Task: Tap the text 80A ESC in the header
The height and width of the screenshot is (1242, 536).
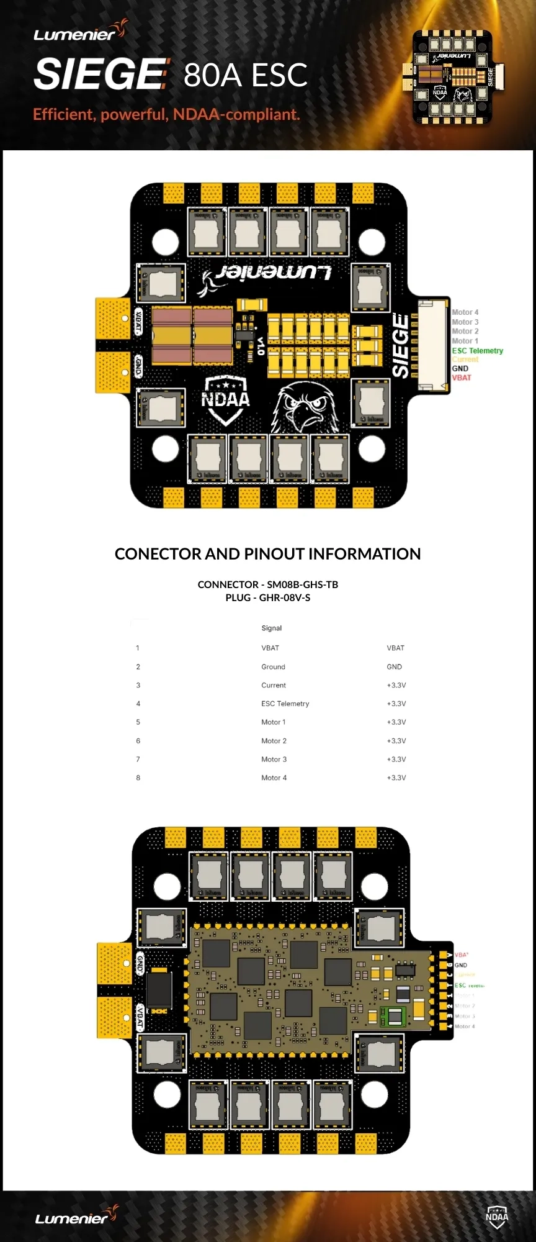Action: pos(246,75)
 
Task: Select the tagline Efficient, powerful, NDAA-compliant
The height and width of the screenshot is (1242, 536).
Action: pos(166,114)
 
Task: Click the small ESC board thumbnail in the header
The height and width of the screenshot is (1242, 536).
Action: pos(453,76)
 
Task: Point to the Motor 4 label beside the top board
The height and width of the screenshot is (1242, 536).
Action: pos(465,312)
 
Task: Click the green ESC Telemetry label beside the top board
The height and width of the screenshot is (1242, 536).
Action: pos(478,351)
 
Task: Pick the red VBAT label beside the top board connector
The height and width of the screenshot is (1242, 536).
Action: pos(462,378)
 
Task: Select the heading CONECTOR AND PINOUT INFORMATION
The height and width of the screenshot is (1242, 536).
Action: pos(267,554)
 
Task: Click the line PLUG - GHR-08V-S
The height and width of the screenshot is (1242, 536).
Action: pos(267,597)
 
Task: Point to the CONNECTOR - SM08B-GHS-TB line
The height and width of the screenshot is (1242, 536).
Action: pos(267,584)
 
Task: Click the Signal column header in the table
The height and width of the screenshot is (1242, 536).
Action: pos(271,628)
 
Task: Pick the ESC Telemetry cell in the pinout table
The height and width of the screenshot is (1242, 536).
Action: pos(285,704)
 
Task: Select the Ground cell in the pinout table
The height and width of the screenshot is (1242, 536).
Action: pos(273,667)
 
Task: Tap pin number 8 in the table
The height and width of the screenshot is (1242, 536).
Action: pos(138,777)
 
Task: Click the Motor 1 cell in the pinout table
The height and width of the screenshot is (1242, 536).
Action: pos(273,722)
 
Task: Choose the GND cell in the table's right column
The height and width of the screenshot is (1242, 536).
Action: pos(394,667)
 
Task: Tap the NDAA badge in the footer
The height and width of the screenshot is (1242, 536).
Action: pos(497,1217)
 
